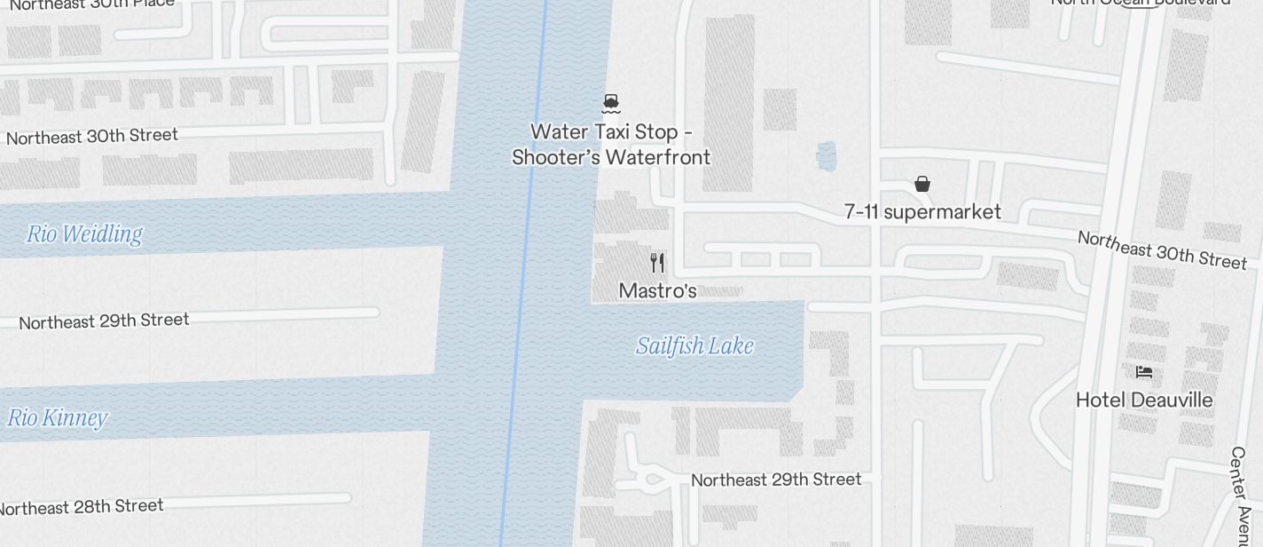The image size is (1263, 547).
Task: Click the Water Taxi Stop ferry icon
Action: pyautogui.click(x=610, y=104)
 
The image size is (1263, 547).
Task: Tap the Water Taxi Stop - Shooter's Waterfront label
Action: pyautogui.click(x=611, y=145)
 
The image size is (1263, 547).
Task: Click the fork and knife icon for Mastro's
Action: pyautogui.click(x=657, y=263)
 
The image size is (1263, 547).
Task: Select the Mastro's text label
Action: pyautogui.click(x=657, y=290)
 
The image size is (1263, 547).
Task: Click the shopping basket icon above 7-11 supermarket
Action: pyautogui.click(x=922, y=184)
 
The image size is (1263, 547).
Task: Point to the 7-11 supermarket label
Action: pyautogui.click(x=922, y=211)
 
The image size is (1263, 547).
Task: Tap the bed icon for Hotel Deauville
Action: pyautogui.click(x=1144, y=371)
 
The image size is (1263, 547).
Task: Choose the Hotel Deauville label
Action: pyautogui.click(x=1144, y=400)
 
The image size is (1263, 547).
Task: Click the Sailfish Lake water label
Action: pyautogui.click(x=694, y=345)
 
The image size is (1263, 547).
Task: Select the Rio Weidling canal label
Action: pyautogui.click(x=84, y=234)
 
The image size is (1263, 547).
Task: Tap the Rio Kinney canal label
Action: pyautogui.click(x=58, y=417)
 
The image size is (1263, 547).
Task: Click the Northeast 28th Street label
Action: pyautogui.click(x=82, y=507)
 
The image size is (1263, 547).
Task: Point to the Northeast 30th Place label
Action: pyautogui.click(x=92, y=4)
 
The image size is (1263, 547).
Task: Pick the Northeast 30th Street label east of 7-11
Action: pyautogui.click(x=1162, y=250)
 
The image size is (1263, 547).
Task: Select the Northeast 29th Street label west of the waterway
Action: pyautogui.click(x=104, y=321)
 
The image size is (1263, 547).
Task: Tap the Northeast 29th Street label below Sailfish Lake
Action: pyautogui.click(x=776, y=480)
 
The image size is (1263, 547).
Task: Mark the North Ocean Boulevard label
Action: pyautogui.click(x=1141, y=3)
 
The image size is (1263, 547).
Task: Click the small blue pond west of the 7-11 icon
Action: pyautogui.click(x=826, y=156)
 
